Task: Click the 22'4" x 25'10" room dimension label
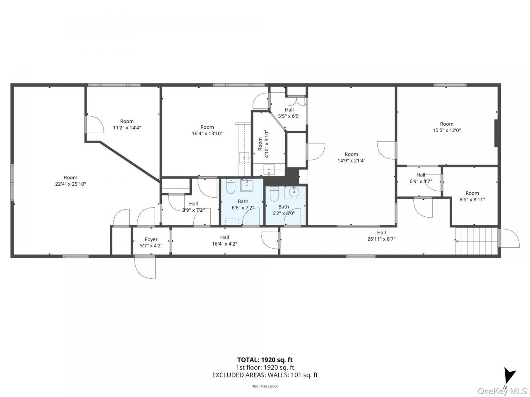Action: click(x=70, y=184)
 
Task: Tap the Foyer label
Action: click(x=151, y=239)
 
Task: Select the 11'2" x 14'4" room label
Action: click(x=127, y=124)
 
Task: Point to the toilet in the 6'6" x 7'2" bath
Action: click(x=231, y=187)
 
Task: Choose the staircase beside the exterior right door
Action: click(x=477, y=241)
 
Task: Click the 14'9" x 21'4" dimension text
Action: click(x=351, y=160)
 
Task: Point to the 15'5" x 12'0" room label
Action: click(x=447, y=127)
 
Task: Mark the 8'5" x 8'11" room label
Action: click(x=472, y=196)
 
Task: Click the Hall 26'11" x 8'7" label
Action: click(x=381, y=236)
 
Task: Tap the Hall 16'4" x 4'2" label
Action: click(x=224, y=241)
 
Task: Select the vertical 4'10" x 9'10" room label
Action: click(x=263, y=144)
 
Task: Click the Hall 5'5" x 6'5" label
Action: click(x=289, y=113)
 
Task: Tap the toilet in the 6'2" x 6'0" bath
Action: click(x=274, y=194)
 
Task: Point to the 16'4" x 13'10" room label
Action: click(x=207, y=130)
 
